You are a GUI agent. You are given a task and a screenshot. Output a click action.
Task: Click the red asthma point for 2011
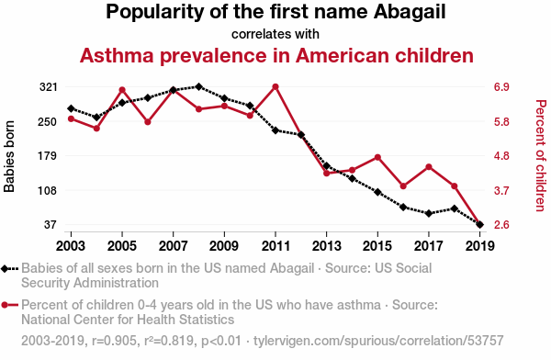[x=275, y=87]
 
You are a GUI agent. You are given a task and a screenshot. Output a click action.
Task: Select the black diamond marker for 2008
[x=199, y=86]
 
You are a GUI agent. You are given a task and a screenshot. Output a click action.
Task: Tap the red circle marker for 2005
[x=122, y=90]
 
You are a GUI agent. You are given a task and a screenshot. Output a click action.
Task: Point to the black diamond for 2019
[x=480, y=224]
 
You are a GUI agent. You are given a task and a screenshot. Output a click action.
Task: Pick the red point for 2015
[x=377, y=157]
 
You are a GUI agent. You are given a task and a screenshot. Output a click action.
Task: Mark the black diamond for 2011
[x=275, y=130]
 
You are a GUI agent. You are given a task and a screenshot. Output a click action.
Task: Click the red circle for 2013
[x=326, y=173]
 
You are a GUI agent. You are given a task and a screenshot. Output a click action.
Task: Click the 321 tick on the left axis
[x=48, y=87]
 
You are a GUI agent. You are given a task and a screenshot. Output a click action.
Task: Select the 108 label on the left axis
[x=48, y=190]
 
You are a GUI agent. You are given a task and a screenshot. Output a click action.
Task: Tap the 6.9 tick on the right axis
[x=501, y=87]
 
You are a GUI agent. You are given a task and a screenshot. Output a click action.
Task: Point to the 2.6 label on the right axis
[x=501, y=224]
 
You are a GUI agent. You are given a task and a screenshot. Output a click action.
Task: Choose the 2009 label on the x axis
[x=224, y=246]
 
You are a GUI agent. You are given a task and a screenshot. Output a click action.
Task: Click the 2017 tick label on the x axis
[x=429, y=246]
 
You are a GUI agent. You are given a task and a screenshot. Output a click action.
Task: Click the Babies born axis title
[x=9, y=156]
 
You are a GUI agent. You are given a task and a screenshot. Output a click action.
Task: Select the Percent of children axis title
[x=541, y=155]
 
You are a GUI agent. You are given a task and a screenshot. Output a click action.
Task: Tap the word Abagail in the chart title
[x=410, y=12]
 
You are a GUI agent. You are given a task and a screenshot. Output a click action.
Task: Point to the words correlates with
[x=275, y=34]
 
